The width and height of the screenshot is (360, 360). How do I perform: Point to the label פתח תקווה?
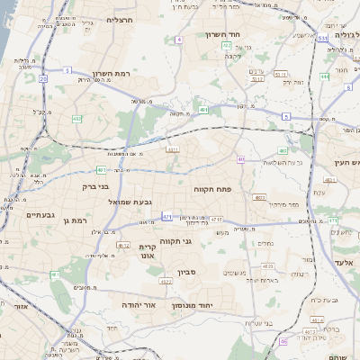pyautogui.click(x=212, y=190)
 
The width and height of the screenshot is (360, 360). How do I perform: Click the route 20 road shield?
pyautogui.click(x=42, y=79)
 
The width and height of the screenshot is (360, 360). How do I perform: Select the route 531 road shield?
pyautogui.click(x=323, y=39)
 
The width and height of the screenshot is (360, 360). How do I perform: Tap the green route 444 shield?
pyautogui.click(x=347, y=77)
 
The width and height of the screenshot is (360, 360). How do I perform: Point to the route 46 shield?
pyautogui.click(x=283, y=342)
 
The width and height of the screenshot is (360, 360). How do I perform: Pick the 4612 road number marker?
pyautogui.click(x=123, y=245)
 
